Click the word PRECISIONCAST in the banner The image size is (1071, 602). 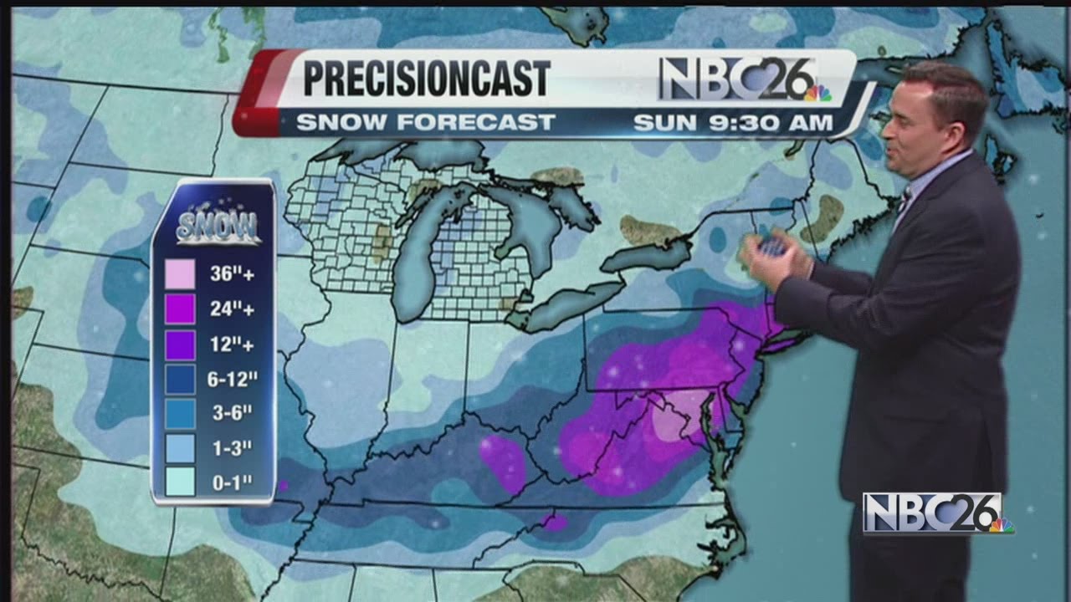point(426,79)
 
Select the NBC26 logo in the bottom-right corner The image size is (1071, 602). point(937,513)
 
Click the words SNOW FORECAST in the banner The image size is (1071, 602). point(426,122)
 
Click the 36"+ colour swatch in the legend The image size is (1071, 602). point(180,274)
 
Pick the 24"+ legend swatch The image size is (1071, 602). point(180,309)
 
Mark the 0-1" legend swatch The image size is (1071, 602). point(180,482)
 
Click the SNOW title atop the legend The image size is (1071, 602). point(218,226)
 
